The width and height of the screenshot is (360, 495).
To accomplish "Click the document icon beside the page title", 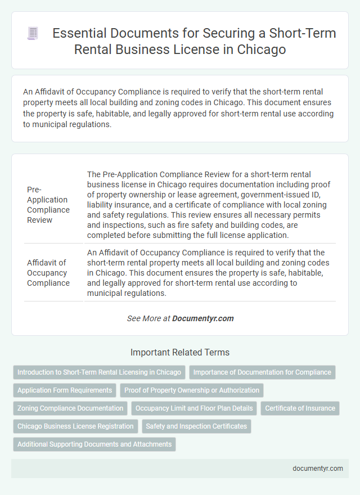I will pyautogui.click(x=33, y=34).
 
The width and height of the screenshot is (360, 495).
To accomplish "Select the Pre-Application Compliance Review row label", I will pyautogui.click(x=48, y=205).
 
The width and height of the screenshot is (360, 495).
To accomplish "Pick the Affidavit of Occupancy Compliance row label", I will pyautogui.click(x=48, y=273).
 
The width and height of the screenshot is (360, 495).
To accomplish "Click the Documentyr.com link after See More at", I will pyautogui.click(x=203, y=318).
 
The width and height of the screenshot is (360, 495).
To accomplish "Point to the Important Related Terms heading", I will pyautogui.click(x=180, y=353).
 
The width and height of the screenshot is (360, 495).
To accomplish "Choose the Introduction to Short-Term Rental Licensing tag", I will pyautogui.click(x=99, y=372).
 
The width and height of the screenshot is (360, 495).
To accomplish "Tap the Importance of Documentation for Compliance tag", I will pyautogui.click(x=262, y=372).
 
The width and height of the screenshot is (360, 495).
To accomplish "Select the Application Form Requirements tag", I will pyautogui.click(x=65, y=390).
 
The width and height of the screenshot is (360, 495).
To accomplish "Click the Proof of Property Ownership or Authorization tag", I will pyautogui.click(x=192, y=390).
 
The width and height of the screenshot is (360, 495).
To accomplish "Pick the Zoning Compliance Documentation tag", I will pyautogui.click(x=70, y=408).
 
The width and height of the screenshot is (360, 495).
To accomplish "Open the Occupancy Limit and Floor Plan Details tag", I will pyautogui.click(x=193, y=408).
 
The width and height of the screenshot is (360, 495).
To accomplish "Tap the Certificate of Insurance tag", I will pyautogui.click(x=300, y=408).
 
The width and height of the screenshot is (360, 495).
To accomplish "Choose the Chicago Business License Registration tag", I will pyautogui.click(x=75, y=426).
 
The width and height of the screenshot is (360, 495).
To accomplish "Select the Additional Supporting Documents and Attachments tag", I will pyautogui.click(x=94, y=444).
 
